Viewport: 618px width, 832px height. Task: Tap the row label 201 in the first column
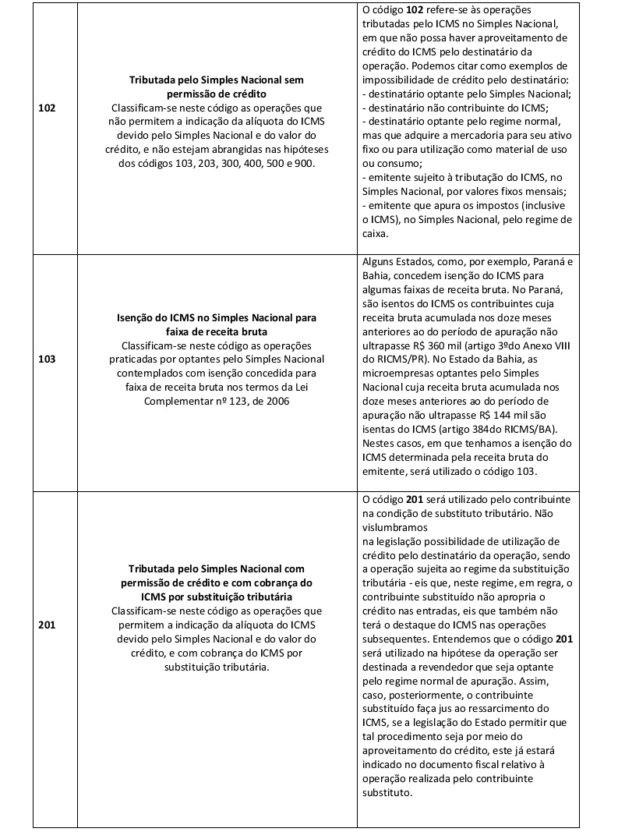(47, 625)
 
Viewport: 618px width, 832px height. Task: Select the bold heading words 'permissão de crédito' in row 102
(217, 94)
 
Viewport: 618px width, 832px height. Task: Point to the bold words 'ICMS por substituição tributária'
(217, 597)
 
